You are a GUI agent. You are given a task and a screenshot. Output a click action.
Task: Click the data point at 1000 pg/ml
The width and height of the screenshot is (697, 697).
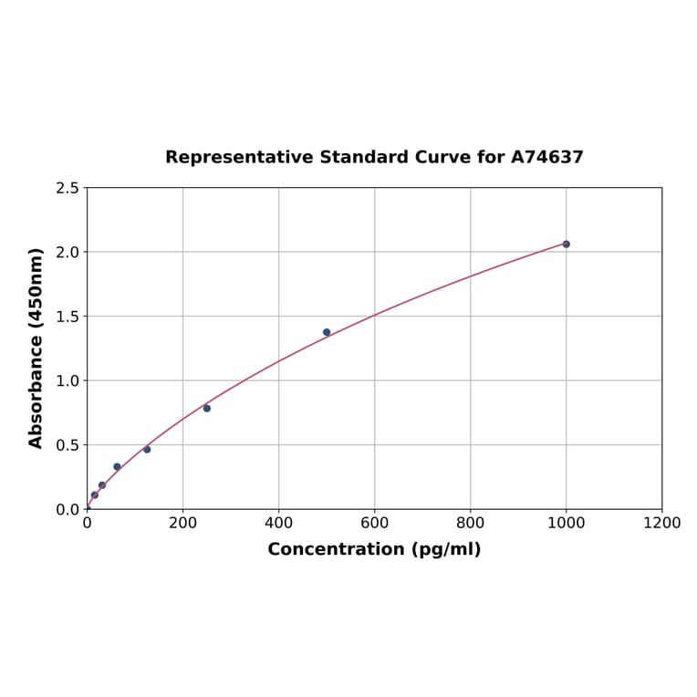[x=566, y=244]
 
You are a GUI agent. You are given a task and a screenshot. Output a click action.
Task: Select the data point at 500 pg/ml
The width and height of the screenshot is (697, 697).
[x=327, y=332]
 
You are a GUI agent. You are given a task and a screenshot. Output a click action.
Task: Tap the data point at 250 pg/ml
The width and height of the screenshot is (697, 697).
[x=207, y=408]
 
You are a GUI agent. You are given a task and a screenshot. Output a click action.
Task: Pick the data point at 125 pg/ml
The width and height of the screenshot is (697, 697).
[x=147, y=449]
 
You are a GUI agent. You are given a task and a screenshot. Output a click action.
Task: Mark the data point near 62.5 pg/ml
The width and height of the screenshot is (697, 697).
[x=117, y=466]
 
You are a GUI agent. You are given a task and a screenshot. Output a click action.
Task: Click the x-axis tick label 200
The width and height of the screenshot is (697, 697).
[x=182, y=524]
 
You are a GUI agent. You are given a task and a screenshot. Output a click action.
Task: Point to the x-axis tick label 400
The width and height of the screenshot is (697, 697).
[x=278, y=524]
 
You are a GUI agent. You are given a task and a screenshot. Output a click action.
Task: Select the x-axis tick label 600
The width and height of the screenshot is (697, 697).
[x=374, y=524]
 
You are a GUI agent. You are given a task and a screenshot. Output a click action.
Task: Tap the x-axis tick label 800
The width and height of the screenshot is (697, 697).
[x=470, y=524]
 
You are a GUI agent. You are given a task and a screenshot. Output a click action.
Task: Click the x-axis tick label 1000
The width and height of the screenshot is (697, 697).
[x=566, y=524]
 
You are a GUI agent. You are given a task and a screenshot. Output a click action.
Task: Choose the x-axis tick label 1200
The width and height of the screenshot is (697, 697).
[x=661, y=524]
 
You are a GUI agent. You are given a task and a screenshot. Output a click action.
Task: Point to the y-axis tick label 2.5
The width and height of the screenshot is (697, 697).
[x=68, y=188]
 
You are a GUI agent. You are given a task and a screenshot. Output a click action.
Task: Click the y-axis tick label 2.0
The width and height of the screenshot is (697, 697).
[x=68, y=252]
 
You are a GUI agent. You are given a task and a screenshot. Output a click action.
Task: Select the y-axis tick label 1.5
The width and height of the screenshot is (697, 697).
[x=68, y=317]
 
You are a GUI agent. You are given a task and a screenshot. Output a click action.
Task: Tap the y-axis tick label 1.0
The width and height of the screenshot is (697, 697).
[x=68, y=380]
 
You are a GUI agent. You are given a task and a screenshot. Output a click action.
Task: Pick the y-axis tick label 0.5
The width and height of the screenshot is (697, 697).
[x=68, y=445]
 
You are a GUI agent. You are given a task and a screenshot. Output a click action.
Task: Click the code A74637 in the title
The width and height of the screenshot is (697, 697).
[x=546, y=157]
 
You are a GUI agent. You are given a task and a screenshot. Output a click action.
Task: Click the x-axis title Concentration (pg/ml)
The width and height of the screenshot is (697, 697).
[x=374, y=549]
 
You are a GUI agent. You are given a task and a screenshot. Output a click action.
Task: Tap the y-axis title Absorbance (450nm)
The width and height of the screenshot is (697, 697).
[x=36, y=348]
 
